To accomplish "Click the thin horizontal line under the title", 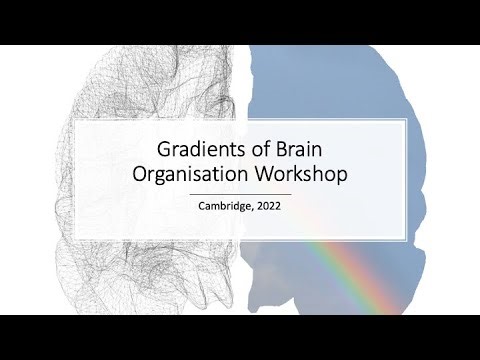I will (240, 193).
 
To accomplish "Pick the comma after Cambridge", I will (255, 212).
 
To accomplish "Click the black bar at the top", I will (240, 20).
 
